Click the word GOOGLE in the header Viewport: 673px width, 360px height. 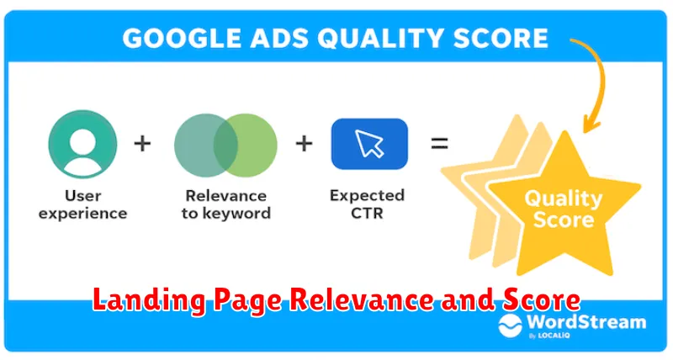click(182, 38)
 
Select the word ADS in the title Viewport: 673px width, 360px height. click(279, 38)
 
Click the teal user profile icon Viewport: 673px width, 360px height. click(82, 144)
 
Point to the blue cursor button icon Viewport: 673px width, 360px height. click(369, 144)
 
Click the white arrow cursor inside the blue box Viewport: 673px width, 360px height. click(369, 143)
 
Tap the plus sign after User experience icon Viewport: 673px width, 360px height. click(142, 143)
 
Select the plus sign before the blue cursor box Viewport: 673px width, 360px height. click(304, 143)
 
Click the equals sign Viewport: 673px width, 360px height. click(439, 143)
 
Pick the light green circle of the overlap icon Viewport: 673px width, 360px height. click(250, 145)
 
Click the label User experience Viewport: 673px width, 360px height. click(82, 204)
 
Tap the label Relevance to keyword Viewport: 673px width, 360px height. click(226, 204)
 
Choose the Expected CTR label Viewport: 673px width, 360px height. click(368, 204)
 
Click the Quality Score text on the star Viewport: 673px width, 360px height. click(564, 209)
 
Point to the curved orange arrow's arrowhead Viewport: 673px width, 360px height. click(591, 124)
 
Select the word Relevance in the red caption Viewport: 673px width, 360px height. click(363, 299)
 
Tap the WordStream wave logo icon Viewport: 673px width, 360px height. click(511, 326)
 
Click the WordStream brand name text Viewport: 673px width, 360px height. click(586, 322)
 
